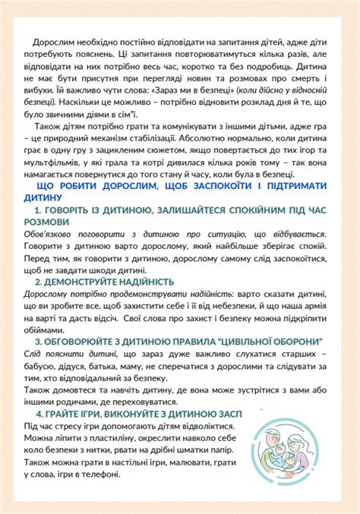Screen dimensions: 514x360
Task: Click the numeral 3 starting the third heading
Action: [x=38, y=341]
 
